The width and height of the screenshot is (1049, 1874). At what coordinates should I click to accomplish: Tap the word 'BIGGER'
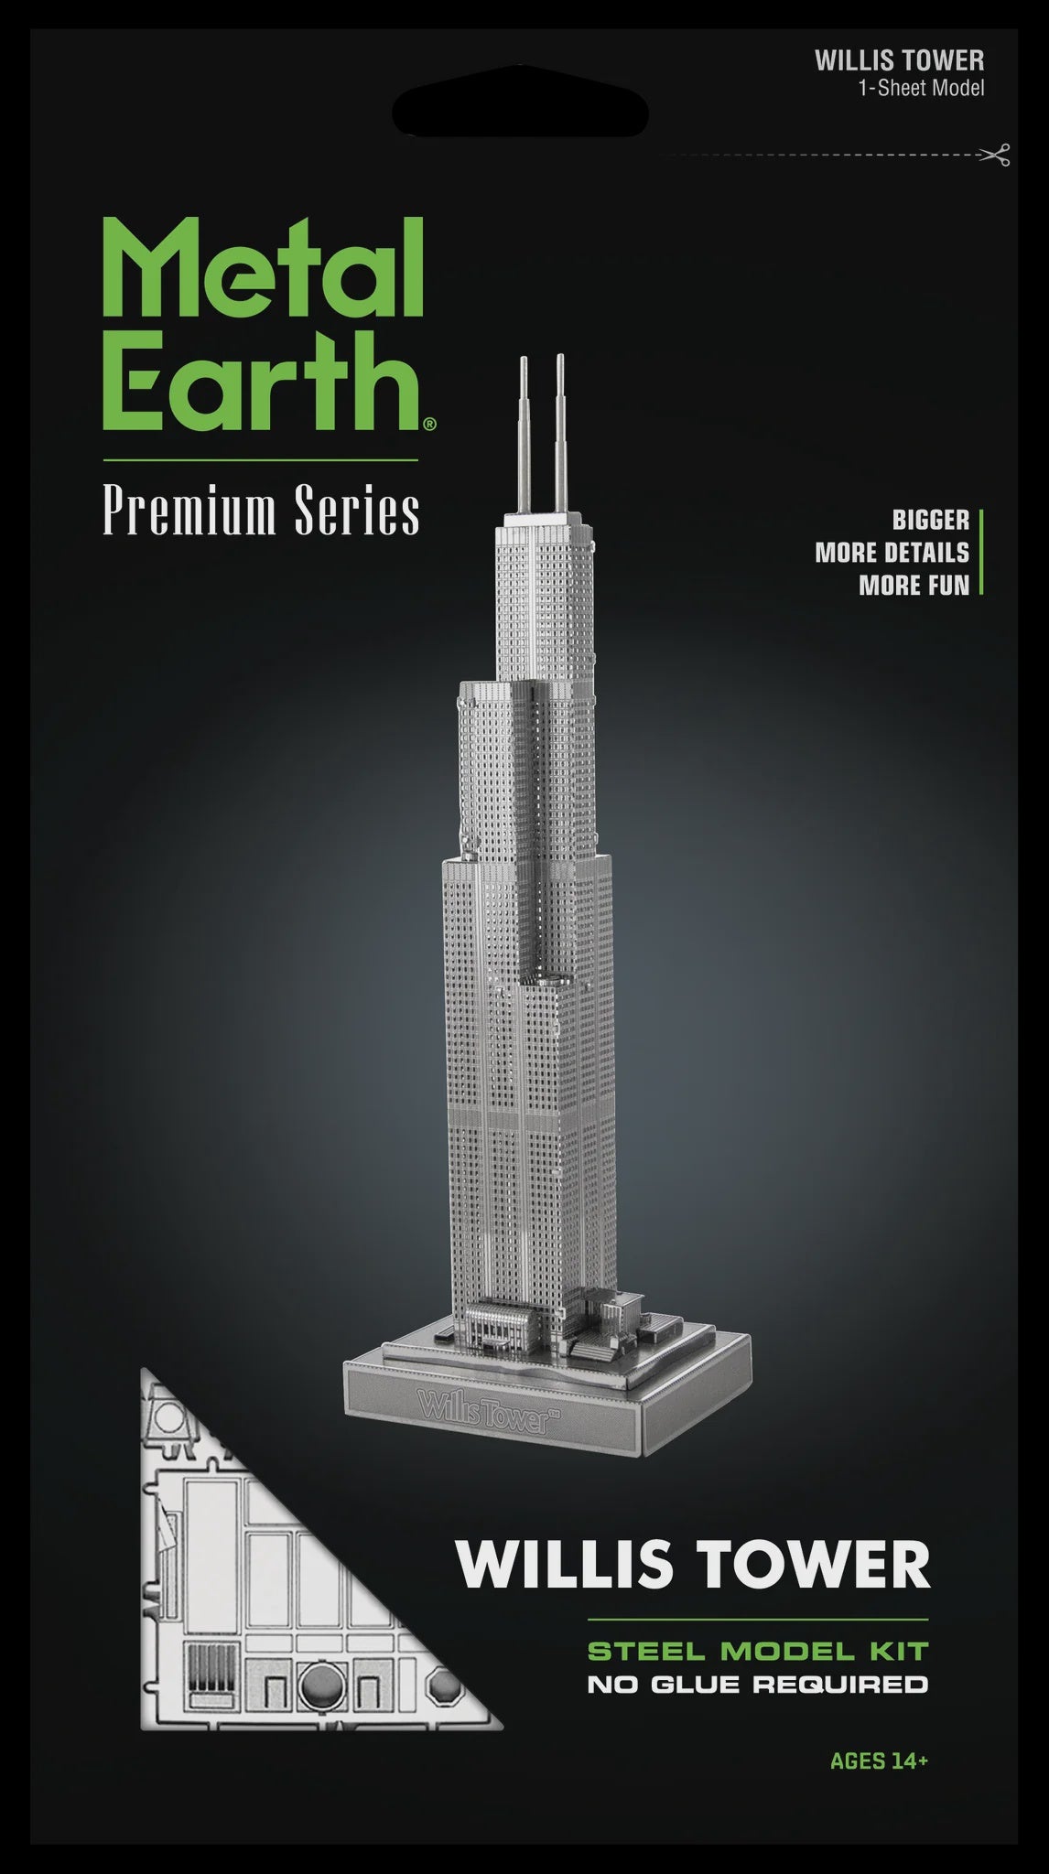pos(931,521)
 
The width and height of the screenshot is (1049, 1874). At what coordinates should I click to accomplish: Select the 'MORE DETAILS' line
pos(892,553)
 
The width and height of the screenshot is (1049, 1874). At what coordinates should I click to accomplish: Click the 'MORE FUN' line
pos(914,586)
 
